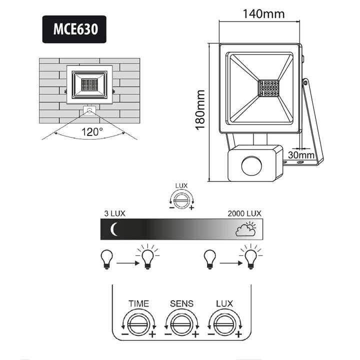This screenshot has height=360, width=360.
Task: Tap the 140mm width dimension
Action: (x=263, y=13)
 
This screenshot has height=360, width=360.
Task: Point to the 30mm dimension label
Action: (x=301, y=155)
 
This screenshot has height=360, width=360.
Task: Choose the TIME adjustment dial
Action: (x=138, y=322)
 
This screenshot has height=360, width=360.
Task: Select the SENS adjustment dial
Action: (x=181, y=322)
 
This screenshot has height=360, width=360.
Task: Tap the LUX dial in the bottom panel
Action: (x=224, y=322)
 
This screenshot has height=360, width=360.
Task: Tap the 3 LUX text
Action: (x=114, y=213)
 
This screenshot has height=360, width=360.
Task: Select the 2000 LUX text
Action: (x=244, y=213)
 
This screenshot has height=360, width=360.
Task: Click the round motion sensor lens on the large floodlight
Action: (x=251, y=165)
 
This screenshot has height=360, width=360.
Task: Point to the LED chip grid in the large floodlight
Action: (x=268, y=88)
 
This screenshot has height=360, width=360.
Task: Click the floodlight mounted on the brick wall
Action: (x=89, y=83)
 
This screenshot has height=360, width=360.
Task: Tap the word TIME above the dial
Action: (x=138, y=303)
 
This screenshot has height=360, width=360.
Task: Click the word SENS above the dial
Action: (x=181, y=303)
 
